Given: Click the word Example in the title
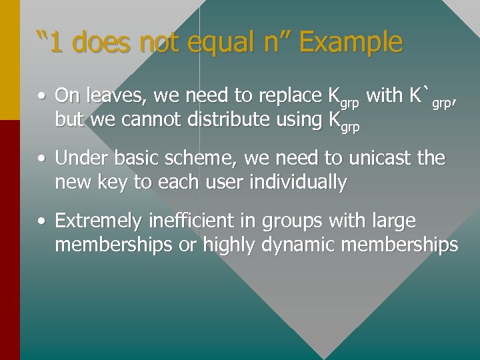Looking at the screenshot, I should click(351, 43).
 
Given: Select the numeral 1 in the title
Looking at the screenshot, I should click(57, 43).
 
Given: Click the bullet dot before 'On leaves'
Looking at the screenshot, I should click(41, 97).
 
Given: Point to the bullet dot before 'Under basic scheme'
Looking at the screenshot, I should click(41, 159).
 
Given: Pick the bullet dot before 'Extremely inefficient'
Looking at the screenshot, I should click(41, 221).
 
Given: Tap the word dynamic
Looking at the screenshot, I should click(298, 245).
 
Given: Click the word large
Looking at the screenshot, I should click(395, 221).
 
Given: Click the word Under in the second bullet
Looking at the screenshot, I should click(77, 159).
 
